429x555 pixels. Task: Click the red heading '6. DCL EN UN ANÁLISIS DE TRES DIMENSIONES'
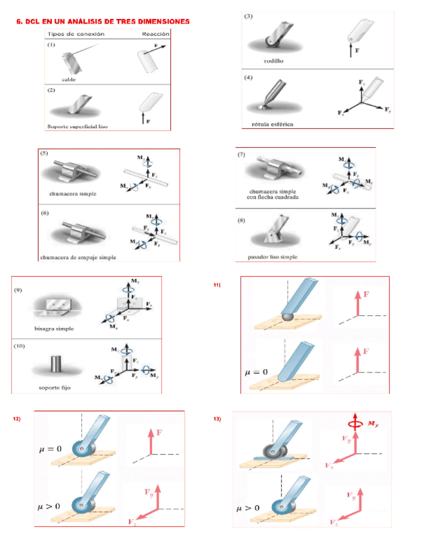tap(103, 22)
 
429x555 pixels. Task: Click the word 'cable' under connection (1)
tap(69, 79)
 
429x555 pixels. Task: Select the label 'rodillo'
tap(273, 61)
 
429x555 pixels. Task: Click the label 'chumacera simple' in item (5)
tap(73, 194)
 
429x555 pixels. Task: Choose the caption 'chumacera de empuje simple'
tap(78, 257)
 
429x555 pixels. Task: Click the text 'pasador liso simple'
tap(272, 257)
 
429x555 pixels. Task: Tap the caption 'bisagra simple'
tap(54, 329)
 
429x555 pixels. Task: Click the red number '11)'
tap(217, 285)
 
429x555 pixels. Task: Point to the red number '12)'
tap(17, 418)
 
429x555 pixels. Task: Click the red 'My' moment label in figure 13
tap(372, 423)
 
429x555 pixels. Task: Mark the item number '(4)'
tap(248, 78)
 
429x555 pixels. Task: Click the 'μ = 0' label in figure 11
tap(256, 372)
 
